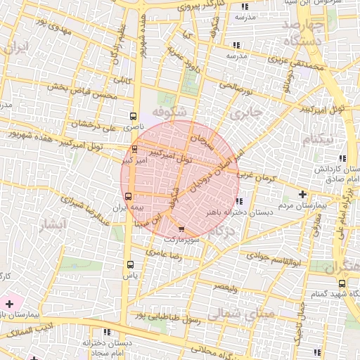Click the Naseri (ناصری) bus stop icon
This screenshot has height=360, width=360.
point(134,117)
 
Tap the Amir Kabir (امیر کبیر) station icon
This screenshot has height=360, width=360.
point(134,149)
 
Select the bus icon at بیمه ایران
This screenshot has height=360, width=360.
point(128,196)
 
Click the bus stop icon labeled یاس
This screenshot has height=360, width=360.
point(129,264)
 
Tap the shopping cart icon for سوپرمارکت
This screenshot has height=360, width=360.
point(181,229)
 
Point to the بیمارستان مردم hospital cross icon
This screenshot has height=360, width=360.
point(302,194)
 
